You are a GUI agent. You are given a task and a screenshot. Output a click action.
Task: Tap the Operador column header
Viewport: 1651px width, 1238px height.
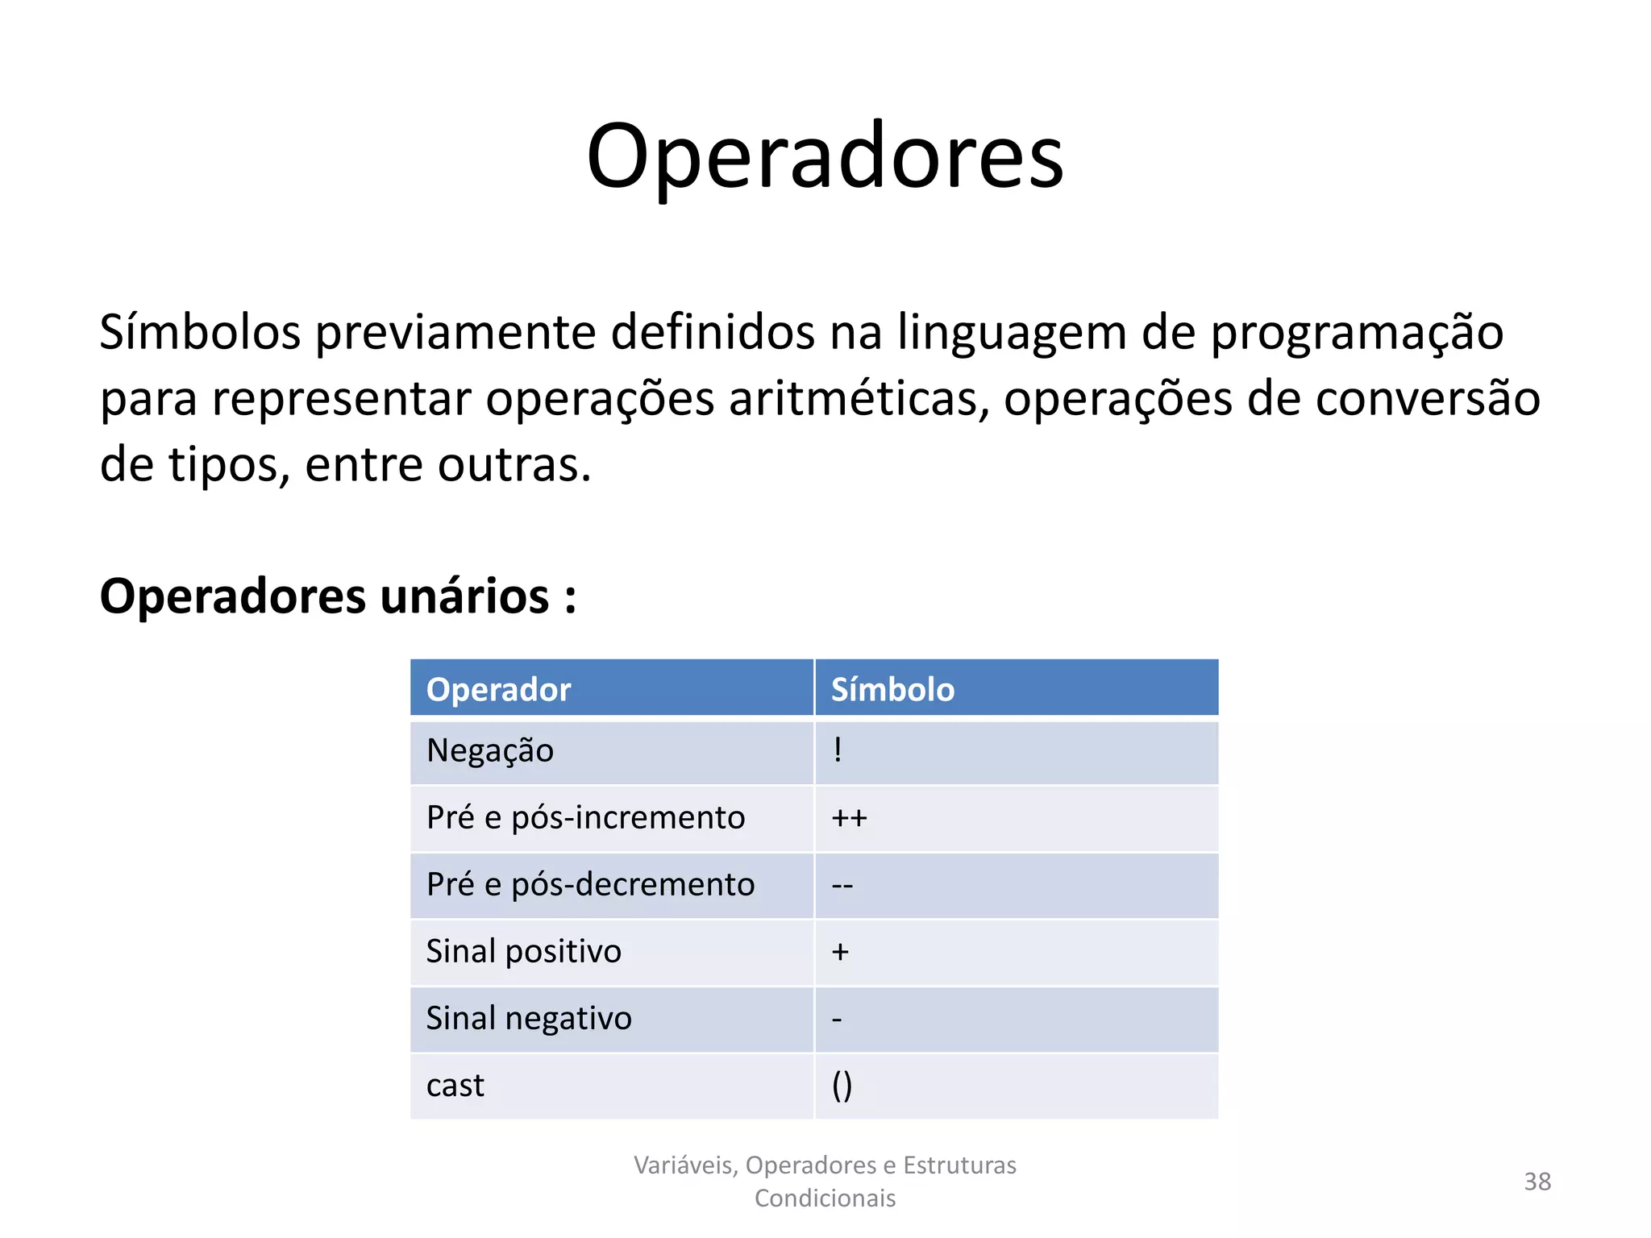[498, 690]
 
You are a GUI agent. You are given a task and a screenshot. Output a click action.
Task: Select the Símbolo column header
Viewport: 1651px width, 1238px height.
[892, 690]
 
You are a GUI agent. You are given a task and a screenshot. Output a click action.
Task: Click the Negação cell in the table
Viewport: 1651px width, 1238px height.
[489, 751]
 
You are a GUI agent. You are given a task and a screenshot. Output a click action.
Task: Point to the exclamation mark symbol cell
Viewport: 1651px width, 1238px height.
[838, 750]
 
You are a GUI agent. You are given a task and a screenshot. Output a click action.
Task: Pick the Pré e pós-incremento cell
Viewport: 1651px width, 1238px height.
[585, 818]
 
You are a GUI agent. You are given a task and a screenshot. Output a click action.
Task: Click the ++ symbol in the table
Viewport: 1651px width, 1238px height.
[849, 819]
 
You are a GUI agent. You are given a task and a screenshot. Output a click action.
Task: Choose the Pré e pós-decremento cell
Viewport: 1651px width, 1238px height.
[590, 885]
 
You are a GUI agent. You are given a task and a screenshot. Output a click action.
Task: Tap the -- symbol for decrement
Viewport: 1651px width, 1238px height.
[842, 886]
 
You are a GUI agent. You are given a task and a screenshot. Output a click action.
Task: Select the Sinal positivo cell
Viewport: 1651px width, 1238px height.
[523, 952]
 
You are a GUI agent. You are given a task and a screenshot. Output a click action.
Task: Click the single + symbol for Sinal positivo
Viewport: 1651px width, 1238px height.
[840, 953]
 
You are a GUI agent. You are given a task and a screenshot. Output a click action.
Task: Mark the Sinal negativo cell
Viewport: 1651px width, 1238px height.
[528, 1019]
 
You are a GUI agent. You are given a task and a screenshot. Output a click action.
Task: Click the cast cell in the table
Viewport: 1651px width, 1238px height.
[455, 1086]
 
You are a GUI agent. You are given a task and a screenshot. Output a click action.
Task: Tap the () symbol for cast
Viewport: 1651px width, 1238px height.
[842, 1086]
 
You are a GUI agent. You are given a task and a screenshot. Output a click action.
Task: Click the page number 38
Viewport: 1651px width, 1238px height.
[1537, 1182]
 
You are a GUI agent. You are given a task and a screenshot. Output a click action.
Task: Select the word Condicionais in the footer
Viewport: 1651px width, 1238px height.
[825, 1199]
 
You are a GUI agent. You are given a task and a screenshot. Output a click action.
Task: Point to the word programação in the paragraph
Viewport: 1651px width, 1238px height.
[1357, 332]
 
